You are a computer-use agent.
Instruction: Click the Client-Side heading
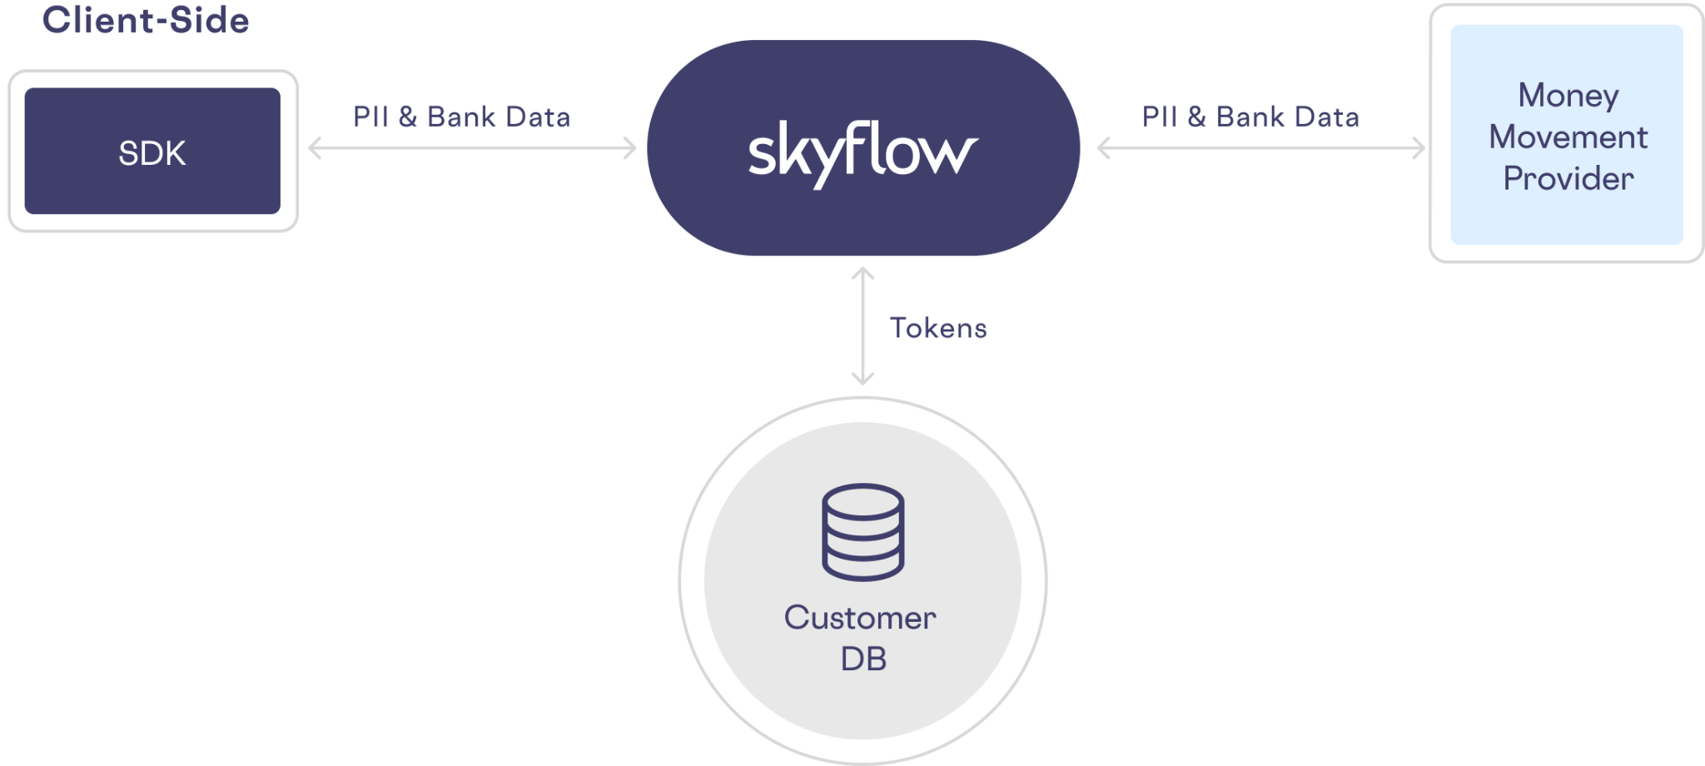click(x=146, y=20)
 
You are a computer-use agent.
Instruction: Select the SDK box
click(x=152, y=152)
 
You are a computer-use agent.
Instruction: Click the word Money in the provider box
click(x=1568, y=95)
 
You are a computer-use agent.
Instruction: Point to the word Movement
click(x=1568, y=137)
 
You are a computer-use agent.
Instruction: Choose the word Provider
click(x=1568, y=178)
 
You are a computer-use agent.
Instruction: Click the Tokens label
click(x=938, y=328)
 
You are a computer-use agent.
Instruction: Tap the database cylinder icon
click(x=862, y=532)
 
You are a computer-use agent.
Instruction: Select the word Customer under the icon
click(x=860, y=618)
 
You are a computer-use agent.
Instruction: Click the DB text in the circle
click(x=863, y=659)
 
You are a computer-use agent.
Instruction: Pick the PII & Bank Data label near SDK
click(x=461, y=117)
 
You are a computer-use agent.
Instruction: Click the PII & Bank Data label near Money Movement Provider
click(x=1250, y=117)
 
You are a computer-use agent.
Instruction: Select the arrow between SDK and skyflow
click(x=472, y=149)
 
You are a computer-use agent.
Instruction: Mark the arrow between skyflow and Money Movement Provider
click(x=1261, y=149)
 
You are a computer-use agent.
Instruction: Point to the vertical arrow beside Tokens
click(x=862, y=326)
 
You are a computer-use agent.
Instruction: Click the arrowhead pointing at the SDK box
click(x=314, y=148)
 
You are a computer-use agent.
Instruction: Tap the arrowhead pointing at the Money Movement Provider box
click(x=1419, y=149)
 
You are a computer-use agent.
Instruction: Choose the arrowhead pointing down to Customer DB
click(x=862, y=379)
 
